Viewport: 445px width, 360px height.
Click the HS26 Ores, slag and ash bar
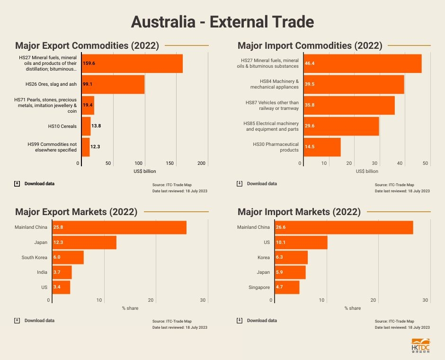(113, 84)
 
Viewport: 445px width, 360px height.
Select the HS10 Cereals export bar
(86, 126)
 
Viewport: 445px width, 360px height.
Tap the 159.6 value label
(89, 63)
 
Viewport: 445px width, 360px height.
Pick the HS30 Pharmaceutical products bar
(322, 147)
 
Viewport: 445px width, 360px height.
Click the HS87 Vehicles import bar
(349, 105)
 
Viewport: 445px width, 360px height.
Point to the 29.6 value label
(310, 126)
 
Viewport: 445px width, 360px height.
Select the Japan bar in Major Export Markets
(84, 243)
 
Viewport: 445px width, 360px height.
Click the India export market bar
(62, 272)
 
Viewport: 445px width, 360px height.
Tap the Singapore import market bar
(287, 287)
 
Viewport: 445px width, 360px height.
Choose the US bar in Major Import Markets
(301, 243)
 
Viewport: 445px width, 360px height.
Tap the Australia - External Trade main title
(222, 22)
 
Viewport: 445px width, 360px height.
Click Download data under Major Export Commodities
(39, 184)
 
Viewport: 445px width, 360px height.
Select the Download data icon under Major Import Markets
(240, 321)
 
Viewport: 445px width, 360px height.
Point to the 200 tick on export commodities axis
(202, 163)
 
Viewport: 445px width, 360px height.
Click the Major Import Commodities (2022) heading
(310, 46)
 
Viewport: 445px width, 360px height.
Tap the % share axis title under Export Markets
(130, 308)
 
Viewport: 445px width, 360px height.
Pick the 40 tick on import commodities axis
(400, 163)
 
